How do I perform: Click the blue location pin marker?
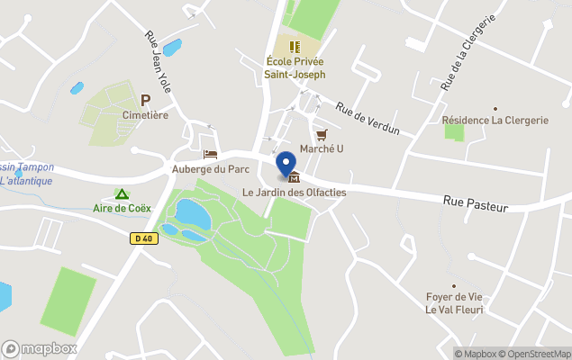point(287,164)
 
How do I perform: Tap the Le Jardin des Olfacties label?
point(294,192)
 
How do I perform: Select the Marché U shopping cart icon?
point(322,134)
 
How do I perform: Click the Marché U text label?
point(322,148)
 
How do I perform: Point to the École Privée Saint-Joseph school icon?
point(295,47)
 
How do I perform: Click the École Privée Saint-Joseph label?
point(295,67)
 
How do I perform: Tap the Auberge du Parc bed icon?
point(210,155)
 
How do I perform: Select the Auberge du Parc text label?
point(210,169)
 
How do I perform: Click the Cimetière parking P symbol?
point(145,101)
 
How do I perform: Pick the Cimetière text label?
point(145,115)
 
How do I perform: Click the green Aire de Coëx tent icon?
point(121,194)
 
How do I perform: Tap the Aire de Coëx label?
point(122,209)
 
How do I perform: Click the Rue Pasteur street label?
point(476,205)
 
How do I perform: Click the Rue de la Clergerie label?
point(468,53)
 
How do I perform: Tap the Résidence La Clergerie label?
point(495,120)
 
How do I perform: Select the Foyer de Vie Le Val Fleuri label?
point(454,303)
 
